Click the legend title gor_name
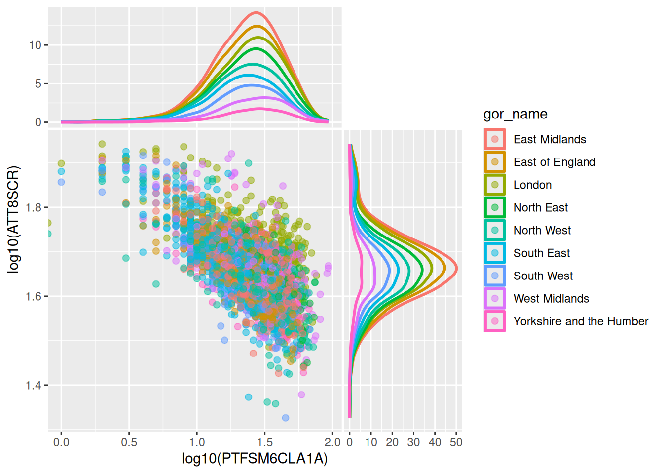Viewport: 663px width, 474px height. [x=515, y=114]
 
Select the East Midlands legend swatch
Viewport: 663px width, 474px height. [x=495, y=139]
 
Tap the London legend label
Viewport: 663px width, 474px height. [x=532, y=185]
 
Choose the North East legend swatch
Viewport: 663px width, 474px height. [x=495, y=207]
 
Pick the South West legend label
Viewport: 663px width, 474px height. [x=543, y=276]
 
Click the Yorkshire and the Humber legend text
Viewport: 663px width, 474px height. [x=581, y=321]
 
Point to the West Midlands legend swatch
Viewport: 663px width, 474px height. [x=495, y=298]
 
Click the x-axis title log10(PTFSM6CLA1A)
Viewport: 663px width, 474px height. [x=255, y=459]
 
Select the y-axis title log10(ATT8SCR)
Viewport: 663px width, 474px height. [x=14, y=219]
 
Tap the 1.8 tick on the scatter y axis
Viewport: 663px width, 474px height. [x=34, y=207]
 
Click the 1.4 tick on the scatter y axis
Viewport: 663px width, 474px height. [x=34, y=385]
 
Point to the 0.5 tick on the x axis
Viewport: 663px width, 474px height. [x=129, y=442]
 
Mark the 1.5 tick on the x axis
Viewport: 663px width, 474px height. [x=265, y=442]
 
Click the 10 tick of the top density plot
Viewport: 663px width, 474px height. [x=35, y=45]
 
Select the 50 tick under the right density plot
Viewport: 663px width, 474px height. [x=456, y=442]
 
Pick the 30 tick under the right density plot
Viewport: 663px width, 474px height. [x=413, y=442]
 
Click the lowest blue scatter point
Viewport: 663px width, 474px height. [x=285, y=418]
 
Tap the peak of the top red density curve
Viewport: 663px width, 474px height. [x=257, y=12]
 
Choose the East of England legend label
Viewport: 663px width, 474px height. [x=554, y=162]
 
